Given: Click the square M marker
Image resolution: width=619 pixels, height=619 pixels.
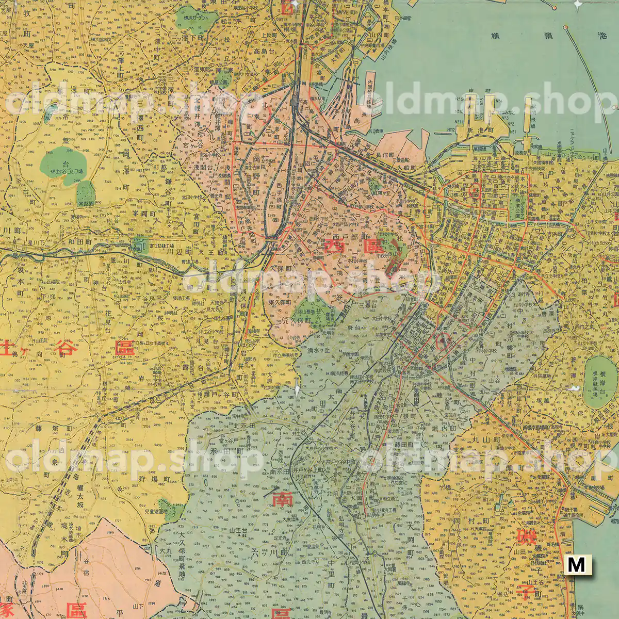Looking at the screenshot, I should click(x=577, y=564).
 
